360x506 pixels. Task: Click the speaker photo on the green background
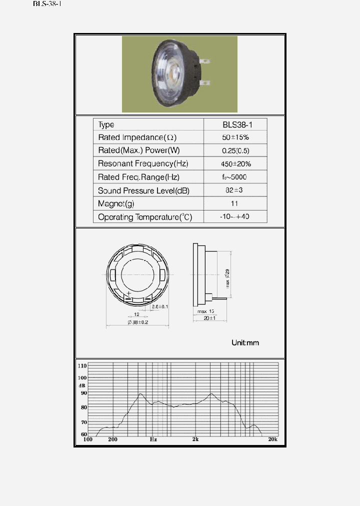click(179, 74)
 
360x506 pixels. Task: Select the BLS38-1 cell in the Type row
click(235, 124)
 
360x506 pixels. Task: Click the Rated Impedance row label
click(137, 137)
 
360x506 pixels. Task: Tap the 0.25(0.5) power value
click(235, 150)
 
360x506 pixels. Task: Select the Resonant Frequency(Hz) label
click(143, 164)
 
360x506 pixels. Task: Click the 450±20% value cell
click(235, 164)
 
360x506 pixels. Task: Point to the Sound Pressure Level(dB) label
click(143, 190)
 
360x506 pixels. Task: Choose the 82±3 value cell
click(235, 190)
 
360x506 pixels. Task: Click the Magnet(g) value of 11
click(235, 203)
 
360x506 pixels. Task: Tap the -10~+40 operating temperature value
click(235, 217)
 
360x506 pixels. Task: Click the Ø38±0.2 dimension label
click(137, 322)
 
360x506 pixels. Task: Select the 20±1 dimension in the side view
click(209, 318)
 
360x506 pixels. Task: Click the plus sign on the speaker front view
click(128, 293)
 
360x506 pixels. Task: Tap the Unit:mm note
click(245, 343)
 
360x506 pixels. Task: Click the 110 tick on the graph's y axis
click(82, 365)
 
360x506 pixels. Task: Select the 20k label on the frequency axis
click(272, 439)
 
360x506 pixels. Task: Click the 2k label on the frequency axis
click(195, 439)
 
